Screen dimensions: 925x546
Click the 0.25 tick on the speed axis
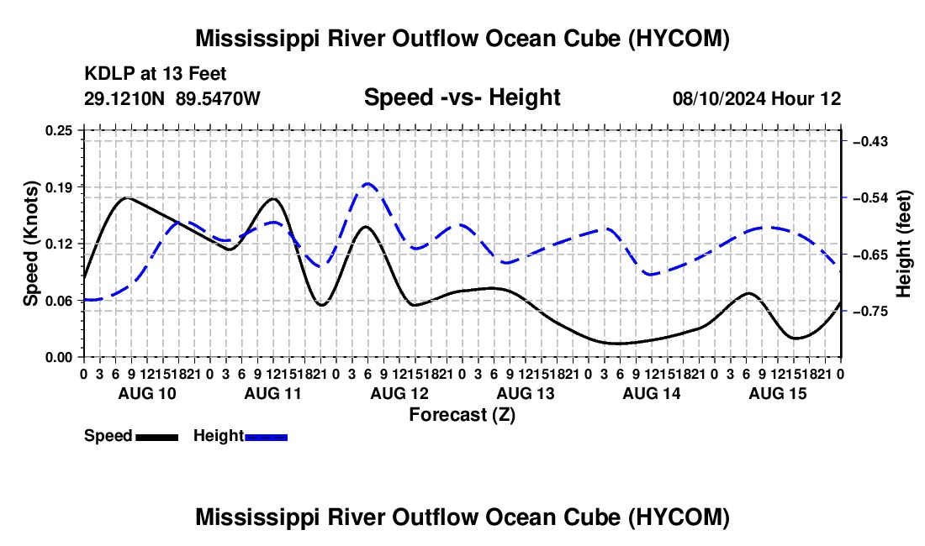[59, 130]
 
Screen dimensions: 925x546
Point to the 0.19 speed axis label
[59, 187]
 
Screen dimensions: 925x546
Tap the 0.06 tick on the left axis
[59, 301]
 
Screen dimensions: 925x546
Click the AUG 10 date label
[147, 393]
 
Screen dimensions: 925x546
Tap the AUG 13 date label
[526, 393]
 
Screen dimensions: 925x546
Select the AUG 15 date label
[778, 393]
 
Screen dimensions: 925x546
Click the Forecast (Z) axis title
[462, 415]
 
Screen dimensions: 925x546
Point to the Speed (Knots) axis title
[30, 244]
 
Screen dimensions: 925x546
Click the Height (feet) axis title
[903, 244]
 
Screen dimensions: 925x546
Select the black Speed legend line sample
[157, 437]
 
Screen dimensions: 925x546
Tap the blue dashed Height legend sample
[266, 437]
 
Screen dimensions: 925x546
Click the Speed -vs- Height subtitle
[462, 97]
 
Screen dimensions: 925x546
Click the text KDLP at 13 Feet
[156, 74]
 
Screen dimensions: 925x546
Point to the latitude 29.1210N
[124, 98]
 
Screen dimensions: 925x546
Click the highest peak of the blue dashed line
[368, 183]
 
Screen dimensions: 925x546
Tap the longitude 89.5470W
[218, 98]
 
